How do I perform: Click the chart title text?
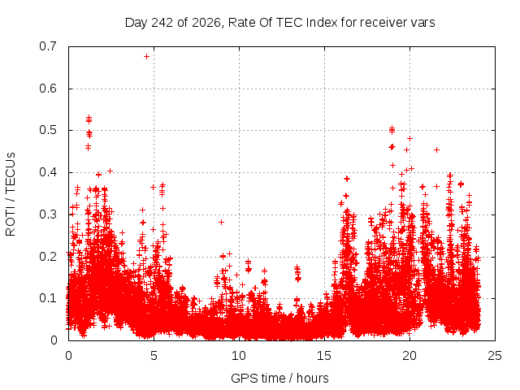[279, 23]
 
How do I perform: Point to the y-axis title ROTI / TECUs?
[11, 194]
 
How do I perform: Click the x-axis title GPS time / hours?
[279, 378]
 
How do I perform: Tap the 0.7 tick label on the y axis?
[48, 46]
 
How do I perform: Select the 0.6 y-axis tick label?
[48, 89]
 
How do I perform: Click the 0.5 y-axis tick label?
[48, 130]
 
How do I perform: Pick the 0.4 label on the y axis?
[48, 172]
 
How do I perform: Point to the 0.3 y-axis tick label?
[48, 214]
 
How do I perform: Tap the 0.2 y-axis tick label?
[48, 257]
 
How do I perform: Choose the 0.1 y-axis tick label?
[48, 298]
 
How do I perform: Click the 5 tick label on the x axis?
[154, 356]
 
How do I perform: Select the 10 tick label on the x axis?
[239, 356]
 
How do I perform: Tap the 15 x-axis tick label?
[324, 356]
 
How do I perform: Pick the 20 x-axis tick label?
[409, 356]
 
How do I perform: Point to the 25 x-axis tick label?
[495, 356]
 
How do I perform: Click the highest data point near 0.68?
[146, 57]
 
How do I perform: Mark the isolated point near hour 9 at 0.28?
[221, 222]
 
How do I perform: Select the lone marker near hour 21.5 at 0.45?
[437, 149]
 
